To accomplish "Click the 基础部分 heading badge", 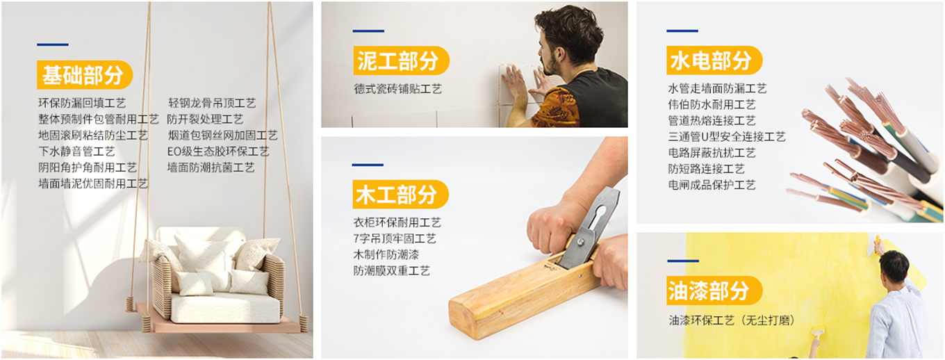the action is pos(85,74).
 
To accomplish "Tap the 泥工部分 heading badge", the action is pos(401,60).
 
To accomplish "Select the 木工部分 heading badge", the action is pos(400,194).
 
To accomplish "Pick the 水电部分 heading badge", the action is pos(714,60).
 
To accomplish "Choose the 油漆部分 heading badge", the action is pos(714,291).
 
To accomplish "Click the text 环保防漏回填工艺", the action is pos(82,103).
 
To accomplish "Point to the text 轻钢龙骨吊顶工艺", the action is pos(212,103).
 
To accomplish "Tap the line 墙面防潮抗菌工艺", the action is pos(211,167).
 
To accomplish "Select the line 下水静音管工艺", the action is pos(76,151).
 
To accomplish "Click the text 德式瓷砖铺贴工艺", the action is pos(398,89).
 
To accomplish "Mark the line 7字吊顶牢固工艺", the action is pos(395,238).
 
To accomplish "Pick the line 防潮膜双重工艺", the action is pos(392,270).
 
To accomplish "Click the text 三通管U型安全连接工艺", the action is pos(727,137).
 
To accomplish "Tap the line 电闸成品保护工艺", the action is pos(712,185).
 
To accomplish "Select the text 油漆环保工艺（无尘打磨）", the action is pos(732,320).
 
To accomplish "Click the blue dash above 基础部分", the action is pos(53,44).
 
